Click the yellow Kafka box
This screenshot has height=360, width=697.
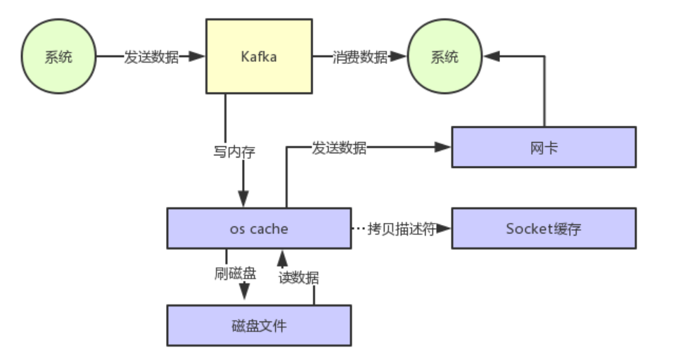click(x=259, y=56)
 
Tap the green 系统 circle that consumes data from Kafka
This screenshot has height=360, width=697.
click(x=444, y=57)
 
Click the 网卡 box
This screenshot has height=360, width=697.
click(x=543, y=147)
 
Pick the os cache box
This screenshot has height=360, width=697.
click(x=259, y=228)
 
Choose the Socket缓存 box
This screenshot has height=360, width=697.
click(x=543, y=228)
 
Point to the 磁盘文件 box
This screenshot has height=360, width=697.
click(x=259, y=325)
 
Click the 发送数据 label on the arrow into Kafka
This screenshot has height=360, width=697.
click(x=151, y=57)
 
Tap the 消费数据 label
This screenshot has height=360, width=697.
click(x=359, y=57)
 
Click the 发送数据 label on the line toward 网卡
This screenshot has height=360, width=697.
click(x=338, y=148)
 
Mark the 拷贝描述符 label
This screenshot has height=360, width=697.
click(x=401, y=229)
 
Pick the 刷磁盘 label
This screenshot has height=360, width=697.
click(x=235, y=273)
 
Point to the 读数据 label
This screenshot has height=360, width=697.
click(x=298, y=277)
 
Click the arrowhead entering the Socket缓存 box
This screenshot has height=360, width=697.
click(x=445, y=229)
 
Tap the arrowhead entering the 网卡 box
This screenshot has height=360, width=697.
click(x=444, y=147)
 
